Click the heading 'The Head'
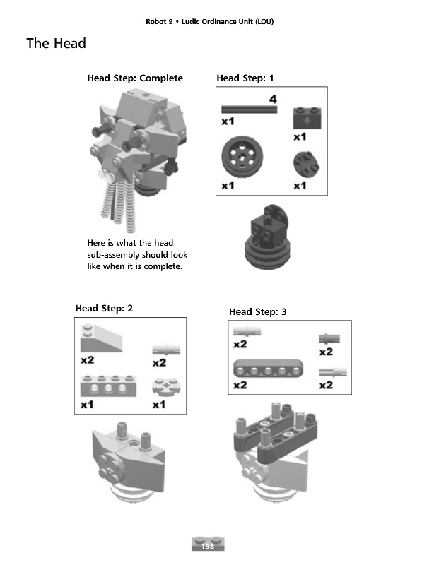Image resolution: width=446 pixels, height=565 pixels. tap(56, 44)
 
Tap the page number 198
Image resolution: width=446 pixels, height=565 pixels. tap(208, 547)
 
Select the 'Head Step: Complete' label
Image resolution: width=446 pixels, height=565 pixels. tap(134, 78)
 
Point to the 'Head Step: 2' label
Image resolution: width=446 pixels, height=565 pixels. tap(104, 308)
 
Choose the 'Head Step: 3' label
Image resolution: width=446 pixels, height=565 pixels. tap(258, 311)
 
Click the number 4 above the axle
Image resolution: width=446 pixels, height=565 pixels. tap(272, 100)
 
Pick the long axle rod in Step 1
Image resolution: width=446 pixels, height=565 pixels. tap(249, 109)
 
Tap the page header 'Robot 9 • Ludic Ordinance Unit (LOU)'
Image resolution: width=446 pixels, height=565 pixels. tap(209, 21)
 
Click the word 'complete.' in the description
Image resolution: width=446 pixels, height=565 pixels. tap(163, 266)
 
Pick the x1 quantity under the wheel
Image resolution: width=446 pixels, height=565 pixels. tap(228, 186)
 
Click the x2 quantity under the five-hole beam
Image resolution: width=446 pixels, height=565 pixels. tap(240, 386)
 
